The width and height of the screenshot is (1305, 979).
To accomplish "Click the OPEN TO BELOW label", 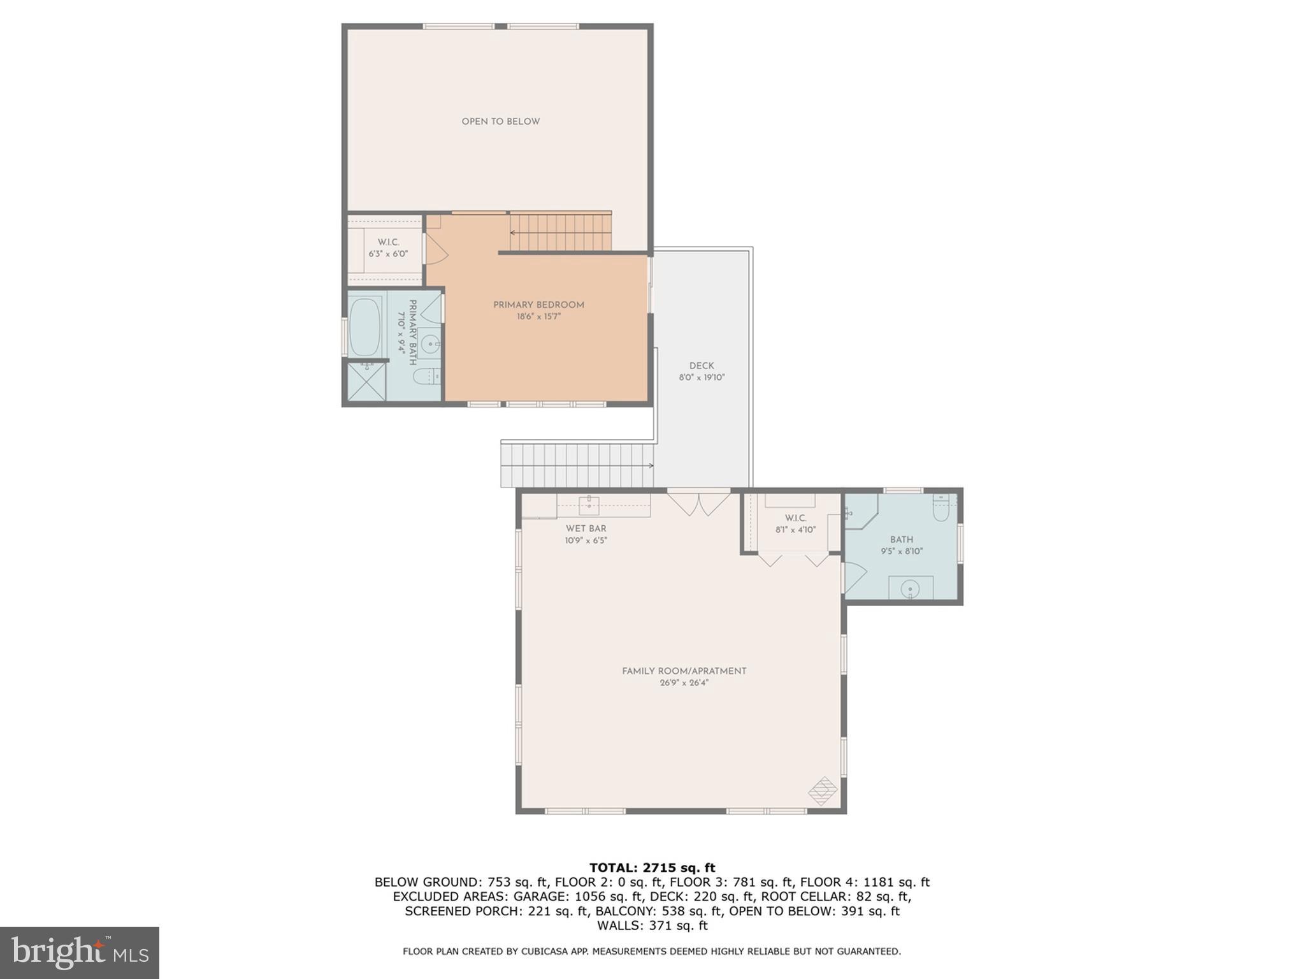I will [500, 121].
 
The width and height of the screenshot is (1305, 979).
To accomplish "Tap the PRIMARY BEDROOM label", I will [538, 305].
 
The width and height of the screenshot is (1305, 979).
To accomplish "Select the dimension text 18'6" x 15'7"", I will [538, 317].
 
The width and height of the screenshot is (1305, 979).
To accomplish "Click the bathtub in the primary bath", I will [365, 328].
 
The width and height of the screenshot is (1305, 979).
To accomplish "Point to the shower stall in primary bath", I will [366, 382].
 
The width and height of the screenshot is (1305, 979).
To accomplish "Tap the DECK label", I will [702, 366].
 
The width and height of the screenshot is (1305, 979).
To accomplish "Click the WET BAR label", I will [586, 528].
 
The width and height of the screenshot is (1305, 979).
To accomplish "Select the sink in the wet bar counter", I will [589, 505].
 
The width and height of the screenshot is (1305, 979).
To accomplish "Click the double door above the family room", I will [699, 503].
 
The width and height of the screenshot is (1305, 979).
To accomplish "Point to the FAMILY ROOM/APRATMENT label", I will [684, 671].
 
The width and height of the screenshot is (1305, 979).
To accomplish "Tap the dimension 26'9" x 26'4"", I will [684, 683].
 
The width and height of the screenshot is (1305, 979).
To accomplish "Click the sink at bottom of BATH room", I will [911, 588].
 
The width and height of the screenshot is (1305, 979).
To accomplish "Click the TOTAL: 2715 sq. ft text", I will [652, 867].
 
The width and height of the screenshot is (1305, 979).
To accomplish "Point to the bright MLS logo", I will [79, 952].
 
